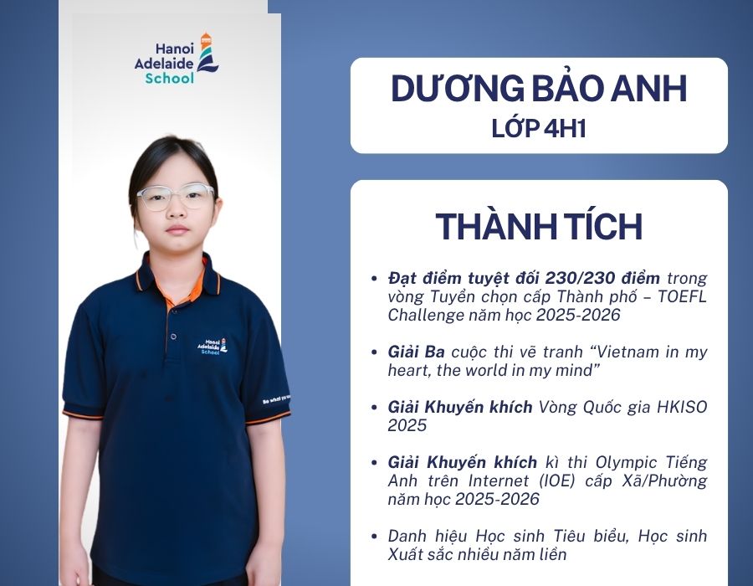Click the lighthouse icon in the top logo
coord(207,53)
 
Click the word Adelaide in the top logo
coord(164,64)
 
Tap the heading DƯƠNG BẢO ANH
coord(539,89)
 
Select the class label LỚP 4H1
coord(539,128)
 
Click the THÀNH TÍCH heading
coord(539,226)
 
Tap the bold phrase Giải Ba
coord(417,352)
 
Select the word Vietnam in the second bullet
coord(627,352)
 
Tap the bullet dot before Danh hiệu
coord(374,536)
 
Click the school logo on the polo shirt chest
coord(213,347)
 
